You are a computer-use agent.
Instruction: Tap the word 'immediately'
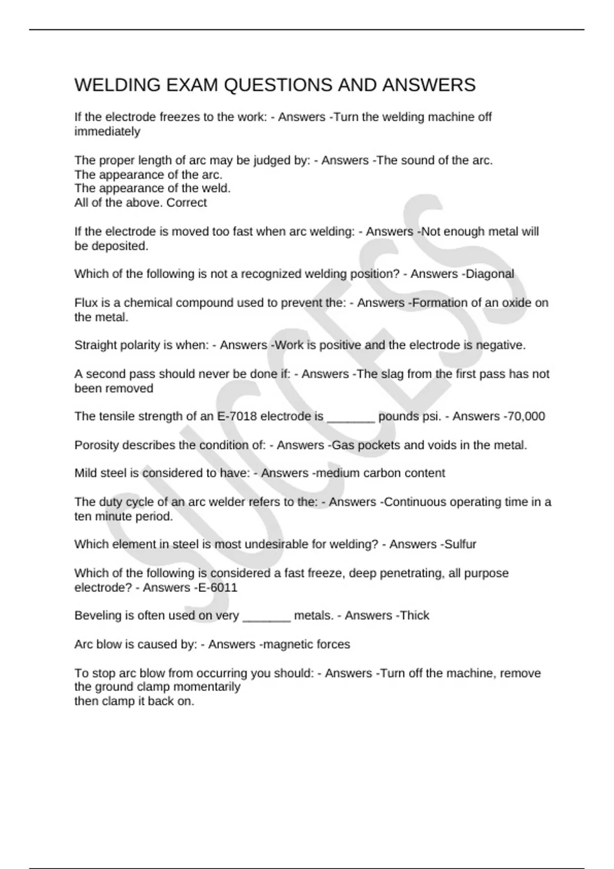click(107, 131)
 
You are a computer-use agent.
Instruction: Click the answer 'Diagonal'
click(490, 274)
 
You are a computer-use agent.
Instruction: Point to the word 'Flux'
click(85, 303)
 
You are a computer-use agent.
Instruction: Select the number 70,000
click(526, 416)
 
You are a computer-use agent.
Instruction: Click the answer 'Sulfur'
click(461, 544)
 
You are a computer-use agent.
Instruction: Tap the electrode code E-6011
click(217, 587)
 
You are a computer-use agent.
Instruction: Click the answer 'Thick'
click(415, 615)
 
